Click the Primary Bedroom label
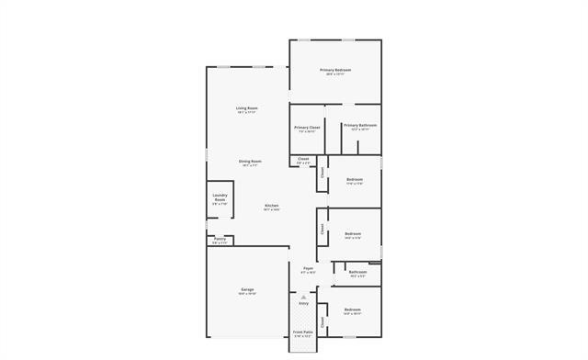pyautogui.click(x=335, y=70)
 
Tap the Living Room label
pyautogui.click(x=246, y=107)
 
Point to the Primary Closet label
pyautogui.click(x=307, y=127)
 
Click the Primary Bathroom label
pyautogui.click(x=360, y=125)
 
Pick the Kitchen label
pyautogui.click(x=272, y=205)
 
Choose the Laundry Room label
pyautogui.click(x=220, y=197)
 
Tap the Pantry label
pyautogui.click(x=220, y=239)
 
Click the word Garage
pyautogui.click(x=246, y=289)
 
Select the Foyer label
pyautogui.click(x=309, y=268)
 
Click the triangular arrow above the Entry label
pyautogui.click(x=303, y=297)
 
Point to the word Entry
pyautogui.click(x=303, y=303)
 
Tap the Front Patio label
pyautogui.click(x=302, y=332)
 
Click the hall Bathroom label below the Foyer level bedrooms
pyautogui.click(x=357, y=271)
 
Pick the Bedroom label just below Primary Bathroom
pyautogui.click(x=354, y=179)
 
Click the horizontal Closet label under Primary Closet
pyautogui.click(x=303, y=158)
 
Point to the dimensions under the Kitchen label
pyautogui.click(x=272, y=209)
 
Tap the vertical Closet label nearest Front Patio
pyautogui.click(x=322, y=321)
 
